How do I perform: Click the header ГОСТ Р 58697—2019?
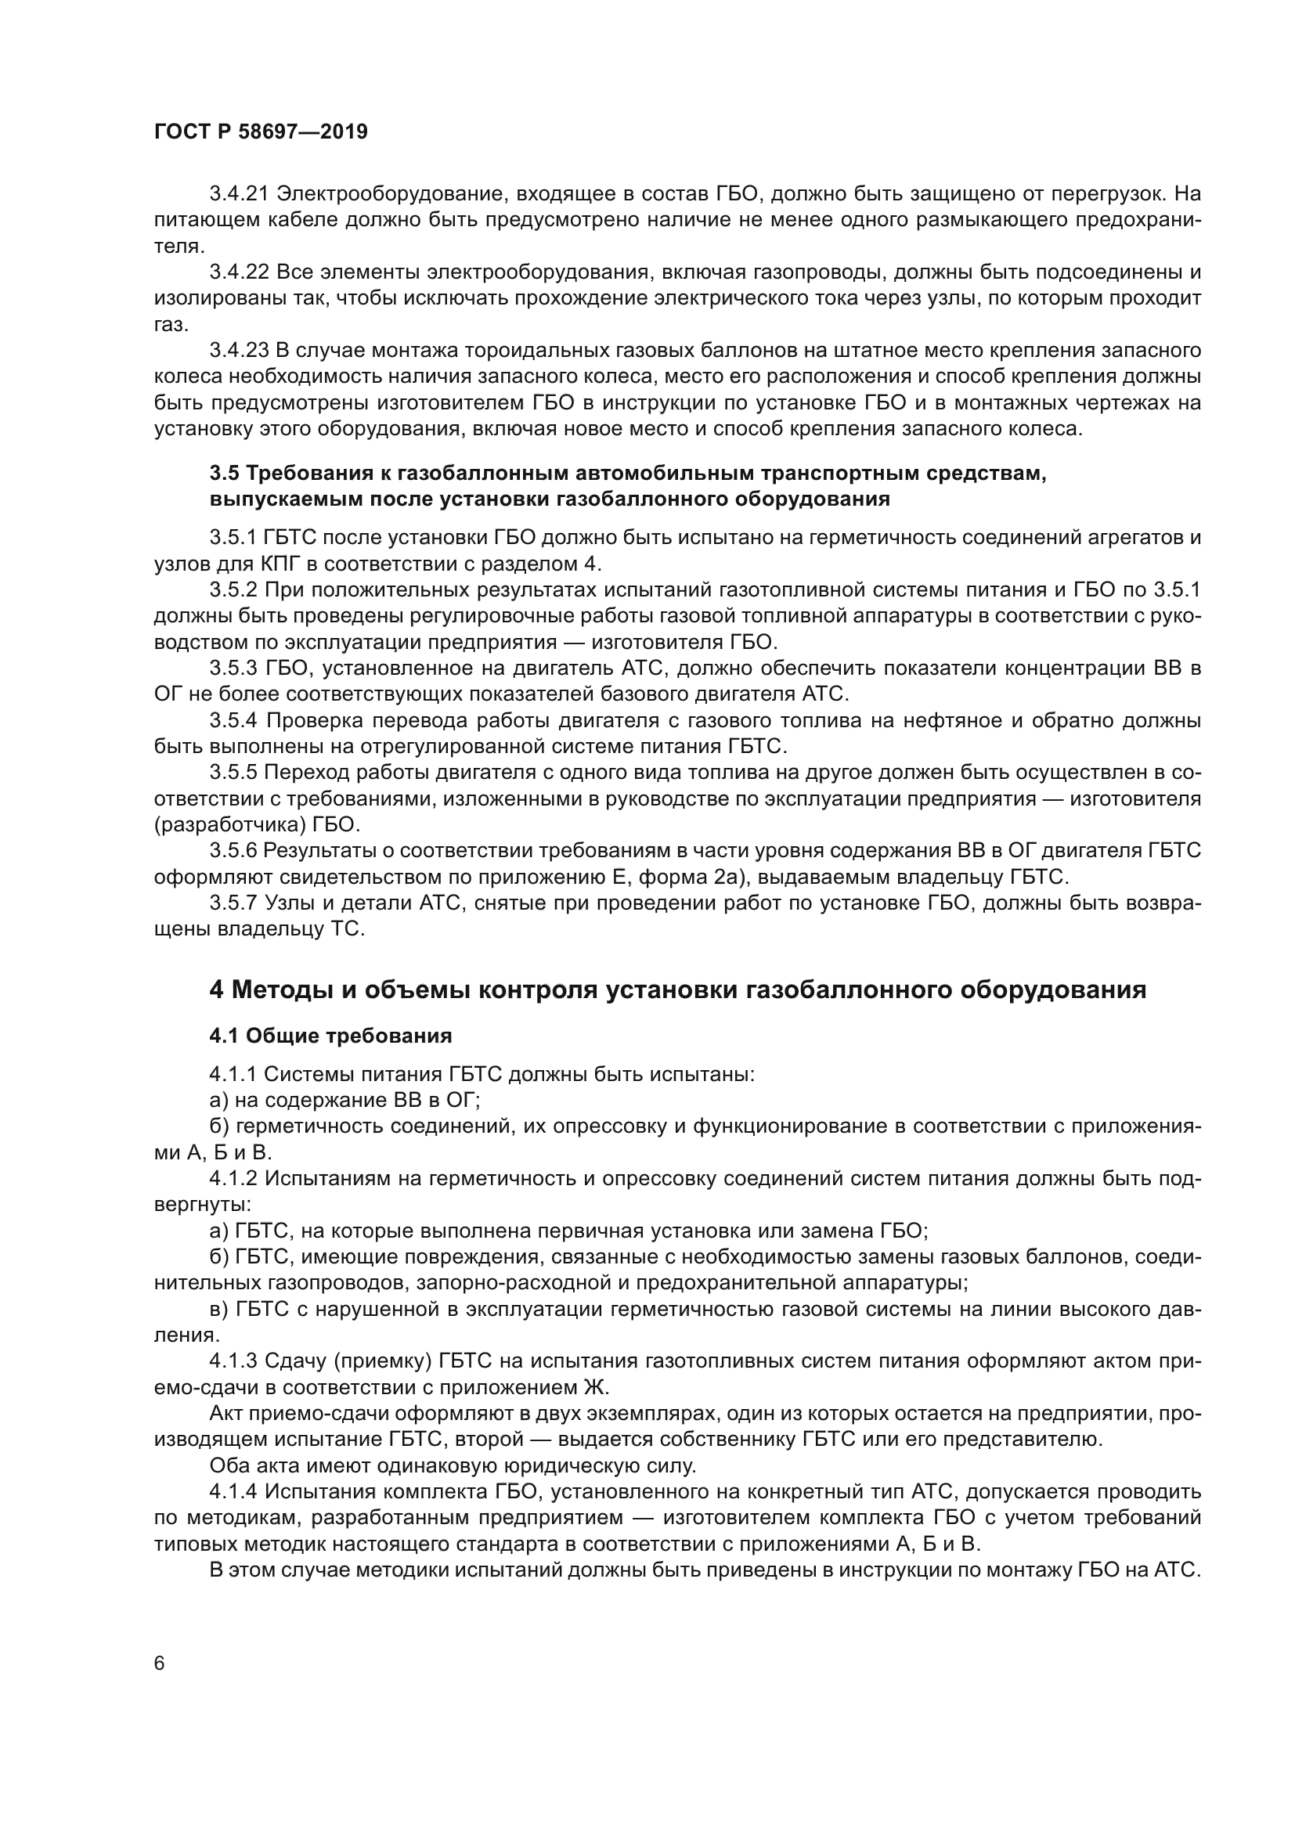261,132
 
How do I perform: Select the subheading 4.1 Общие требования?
330,1036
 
